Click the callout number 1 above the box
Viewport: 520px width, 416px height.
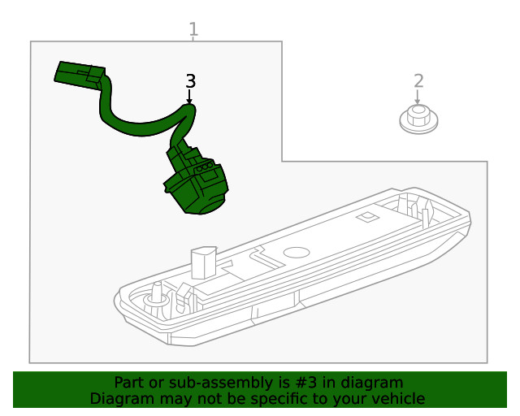tap(193, 29)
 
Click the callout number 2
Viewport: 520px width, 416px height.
tap(418, 81)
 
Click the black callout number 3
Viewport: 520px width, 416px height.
tap(190, 81)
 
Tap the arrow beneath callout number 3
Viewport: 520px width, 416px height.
tap(189, 97)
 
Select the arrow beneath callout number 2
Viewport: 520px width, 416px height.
tap(418, 97)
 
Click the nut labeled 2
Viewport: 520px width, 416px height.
tap(418, 119)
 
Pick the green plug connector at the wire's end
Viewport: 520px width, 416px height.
tap(80, 75)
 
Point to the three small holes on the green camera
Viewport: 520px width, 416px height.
tap(205, 167)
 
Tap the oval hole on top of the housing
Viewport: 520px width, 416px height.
tap(297, 253)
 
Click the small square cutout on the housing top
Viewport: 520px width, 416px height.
tap(367, 217)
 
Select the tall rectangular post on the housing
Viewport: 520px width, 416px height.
tap(204, 262)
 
